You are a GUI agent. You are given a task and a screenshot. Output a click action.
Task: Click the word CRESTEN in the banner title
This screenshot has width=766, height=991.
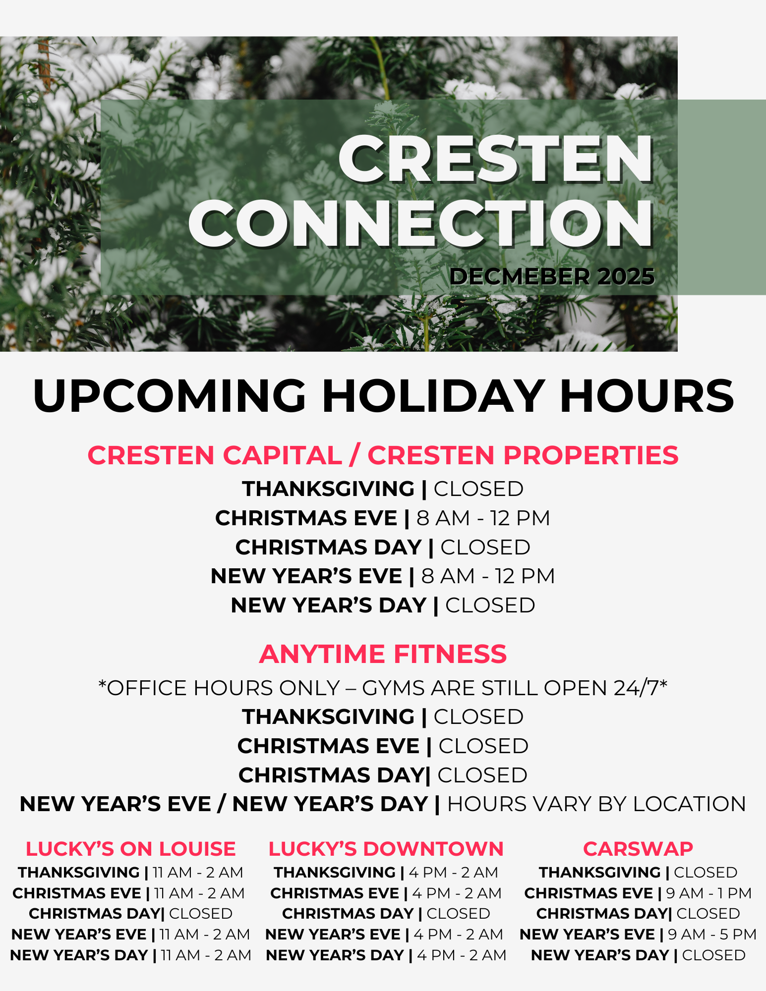[x=496, y=159]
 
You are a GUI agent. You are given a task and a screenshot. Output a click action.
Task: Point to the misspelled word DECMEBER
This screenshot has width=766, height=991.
[x=520, y=276]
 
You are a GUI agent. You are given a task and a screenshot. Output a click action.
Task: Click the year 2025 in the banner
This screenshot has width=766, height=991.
[x=626, y=276]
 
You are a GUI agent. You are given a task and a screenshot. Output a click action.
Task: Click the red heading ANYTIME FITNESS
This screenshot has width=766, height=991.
[x=383, y=654]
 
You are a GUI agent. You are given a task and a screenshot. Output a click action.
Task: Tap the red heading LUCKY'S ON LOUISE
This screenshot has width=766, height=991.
[x=130, y=849]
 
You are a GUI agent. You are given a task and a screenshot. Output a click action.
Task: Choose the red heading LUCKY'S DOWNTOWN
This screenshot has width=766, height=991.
[x=386, y=849]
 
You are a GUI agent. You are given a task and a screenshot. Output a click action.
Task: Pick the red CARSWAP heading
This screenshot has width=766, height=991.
[x=638, y=849]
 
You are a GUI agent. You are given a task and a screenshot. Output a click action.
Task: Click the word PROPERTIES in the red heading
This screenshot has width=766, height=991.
[x=591, y=455]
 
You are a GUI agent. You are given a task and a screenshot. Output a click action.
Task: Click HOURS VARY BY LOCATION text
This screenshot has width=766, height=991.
[x=596, y=804]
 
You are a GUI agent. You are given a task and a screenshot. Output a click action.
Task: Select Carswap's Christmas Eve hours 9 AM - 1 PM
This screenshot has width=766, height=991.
[x=709, y=893]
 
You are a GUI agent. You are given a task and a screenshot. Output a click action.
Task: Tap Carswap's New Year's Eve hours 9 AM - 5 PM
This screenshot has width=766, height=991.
[x=712, y=934]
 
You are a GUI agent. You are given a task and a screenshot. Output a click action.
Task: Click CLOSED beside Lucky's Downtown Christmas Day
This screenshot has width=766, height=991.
[x=458, y=913]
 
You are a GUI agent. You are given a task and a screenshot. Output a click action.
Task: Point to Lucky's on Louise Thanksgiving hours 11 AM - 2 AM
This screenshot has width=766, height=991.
[x=198, y=872]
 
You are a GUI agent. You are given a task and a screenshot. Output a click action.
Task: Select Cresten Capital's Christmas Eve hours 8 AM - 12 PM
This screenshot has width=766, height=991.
[x=483, y=518]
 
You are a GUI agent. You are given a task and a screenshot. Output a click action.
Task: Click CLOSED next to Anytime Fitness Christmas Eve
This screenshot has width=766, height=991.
[x=483, y=746]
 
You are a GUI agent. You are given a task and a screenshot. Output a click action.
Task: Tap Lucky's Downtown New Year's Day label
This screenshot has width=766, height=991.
[x=335, y=955]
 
